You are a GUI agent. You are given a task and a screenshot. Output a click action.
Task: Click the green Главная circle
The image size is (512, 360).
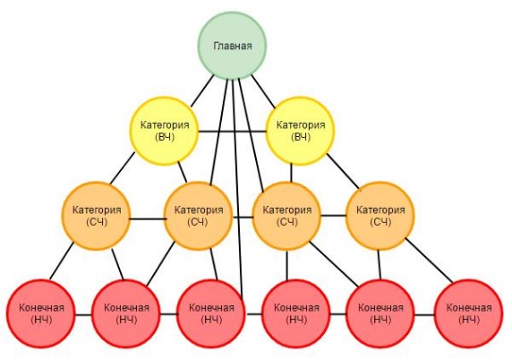tap(232, 46)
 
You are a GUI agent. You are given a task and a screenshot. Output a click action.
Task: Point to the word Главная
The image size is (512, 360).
tap(233, 46)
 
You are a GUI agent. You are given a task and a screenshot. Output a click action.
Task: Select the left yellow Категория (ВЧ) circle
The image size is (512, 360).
tap(164, 131)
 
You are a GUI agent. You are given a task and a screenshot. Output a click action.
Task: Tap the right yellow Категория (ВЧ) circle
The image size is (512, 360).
tap(301, 131)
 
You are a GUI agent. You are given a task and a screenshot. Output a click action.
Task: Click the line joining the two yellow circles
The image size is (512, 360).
tap(233, 132)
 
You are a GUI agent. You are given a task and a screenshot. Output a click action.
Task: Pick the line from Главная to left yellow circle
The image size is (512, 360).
tap(202, 90)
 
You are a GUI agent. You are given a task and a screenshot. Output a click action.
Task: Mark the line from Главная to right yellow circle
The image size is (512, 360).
tap(263, 91)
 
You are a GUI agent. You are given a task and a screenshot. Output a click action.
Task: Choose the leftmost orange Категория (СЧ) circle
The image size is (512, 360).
tap(96, 216)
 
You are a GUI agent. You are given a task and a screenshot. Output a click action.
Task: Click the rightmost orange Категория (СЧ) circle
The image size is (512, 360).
tap(380, 216)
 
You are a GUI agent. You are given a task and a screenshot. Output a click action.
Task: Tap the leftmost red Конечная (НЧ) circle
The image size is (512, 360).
tap(41, 313)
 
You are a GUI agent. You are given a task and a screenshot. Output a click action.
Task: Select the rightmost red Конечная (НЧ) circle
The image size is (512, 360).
tap(468, 313)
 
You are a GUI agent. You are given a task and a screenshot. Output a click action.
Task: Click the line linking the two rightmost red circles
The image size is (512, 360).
tap(424, 315)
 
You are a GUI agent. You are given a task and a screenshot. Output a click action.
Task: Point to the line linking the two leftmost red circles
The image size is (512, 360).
tap(83, 315)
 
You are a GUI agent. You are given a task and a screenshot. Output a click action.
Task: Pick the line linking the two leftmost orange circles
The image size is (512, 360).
tap(147, 219)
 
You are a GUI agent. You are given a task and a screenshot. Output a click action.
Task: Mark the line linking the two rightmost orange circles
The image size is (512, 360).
tap(333, 216)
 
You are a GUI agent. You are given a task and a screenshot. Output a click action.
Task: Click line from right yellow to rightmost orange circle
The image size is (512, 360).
tap(343, 171)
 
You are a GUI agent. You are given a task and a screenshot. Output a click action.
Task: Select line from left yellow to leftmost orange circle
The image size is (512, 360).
tap(123, 168)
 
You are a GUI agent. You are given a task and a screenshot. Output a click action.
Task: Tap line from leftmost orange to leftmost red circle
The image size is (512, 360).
tap(62, 261)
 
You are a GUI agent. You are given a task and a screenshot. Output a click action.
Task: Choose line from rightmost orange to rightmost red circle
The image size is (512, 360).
tap(430, 261)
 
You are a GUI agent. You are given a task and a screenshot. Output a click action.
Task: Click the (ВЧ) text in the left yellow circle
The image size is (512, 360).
tap(165, 137)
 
